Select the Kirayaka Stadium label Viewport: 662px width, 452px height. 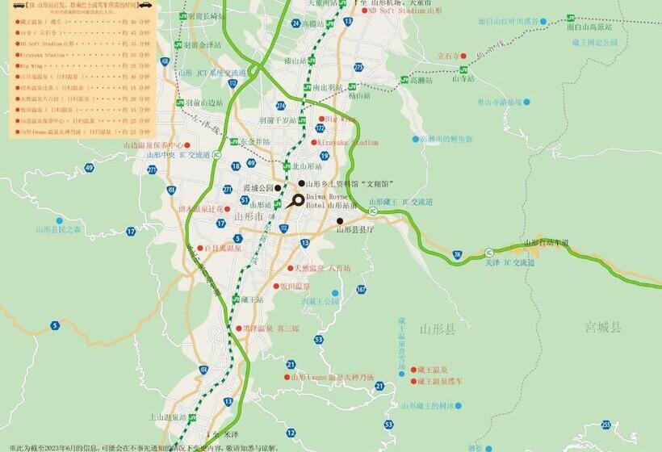coord(348,143)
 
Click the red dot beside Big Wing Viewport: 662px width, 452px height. coord(321,119)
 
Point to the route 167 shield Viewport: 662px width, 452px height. coord(361,289)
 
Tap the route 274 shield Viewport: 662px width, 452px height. coord(281,105)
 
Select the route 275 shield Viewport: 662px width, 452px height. coord(358,67)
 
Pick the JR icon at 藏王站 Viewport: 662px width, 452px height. coord(236,299)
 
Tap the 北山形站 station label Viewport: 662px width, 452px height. coord(307,166)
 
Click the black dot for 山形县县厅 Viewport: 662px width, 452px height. coord(340,221)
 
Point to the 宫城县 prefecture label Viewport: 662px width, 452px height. coord(604,327)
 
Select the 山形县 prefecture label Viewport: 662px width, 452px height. coord(438,329)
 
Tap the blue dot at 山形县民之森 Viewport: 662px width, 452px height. coord(59,220)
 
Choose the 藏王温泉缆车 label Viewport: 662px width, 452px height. coord(441,380)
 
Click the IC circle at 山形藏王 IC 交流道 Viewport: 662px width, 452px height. coord(373,211)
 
